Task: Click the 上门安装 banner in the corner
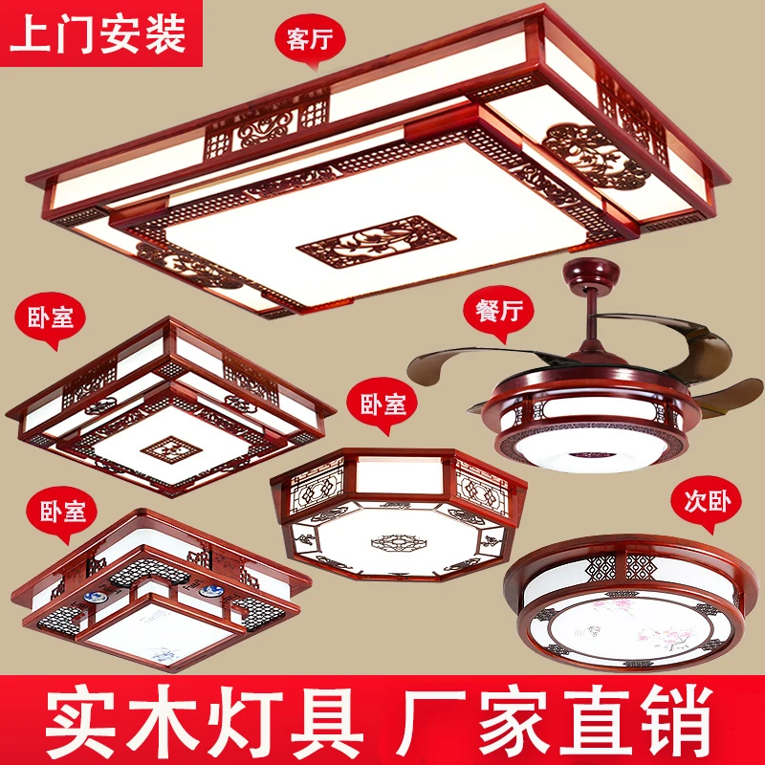click(x=100, y=33)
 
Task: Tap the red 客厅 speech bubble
click(x=310, y=39)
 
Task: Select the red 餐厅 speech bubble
click(x=498, y=313)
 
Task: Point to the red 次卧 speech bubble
click(x=706, y=503)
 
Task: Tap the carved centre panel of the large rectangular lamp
click(x=376, y=242)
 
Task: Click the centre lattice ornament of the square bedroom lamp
click(x=171, y=448)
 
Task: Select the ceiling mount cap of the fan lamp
click(x=591, y=274)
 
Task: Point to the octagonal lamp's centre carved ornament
click(x=399, y=542)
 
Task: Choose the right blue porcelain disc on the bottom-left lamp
click(x=211, y=592)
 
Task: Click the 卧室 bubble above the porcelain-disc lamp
click(x=62, y=513)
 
